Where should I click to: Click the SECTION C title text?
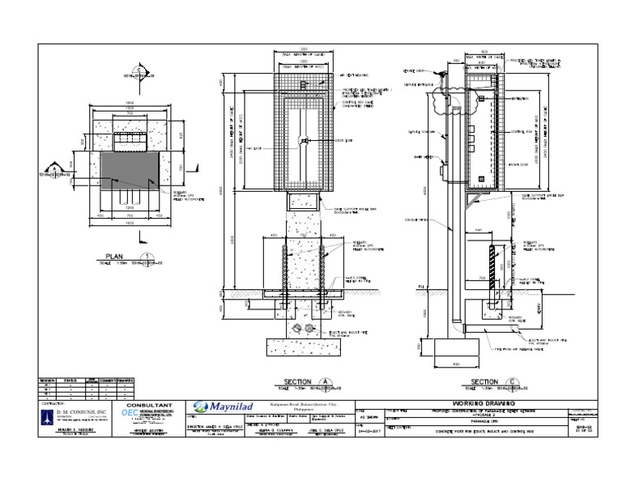pyautogui.click(x=485, y=381)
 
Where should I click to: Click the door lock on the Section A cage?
pyautogui.click(x=302, y=143)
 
